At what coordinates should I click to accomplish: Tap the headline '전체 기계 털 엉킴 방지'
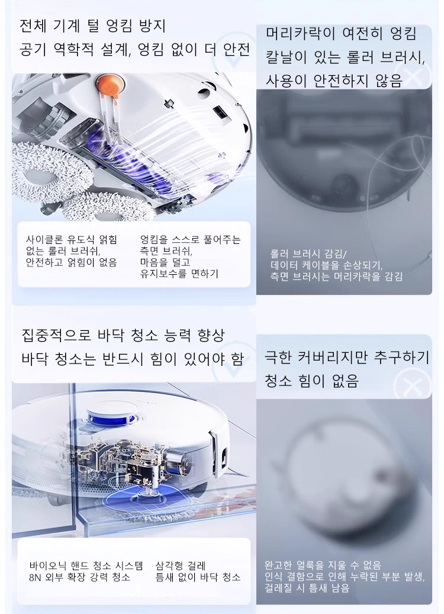click(93, 26)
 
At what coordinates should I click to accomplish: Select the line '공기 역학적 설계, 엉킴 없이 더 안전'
click(135, 49)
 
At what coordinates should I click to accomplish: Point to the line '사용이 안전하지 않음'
click(334, 81)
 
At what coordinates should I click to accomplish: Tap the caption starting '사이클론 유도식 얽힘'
click(71, 239)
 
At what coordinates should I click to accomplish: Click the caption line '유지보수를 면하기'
click(179, 274)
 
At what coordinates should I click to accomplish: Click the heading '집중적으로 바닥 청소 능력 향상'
click(123, 335)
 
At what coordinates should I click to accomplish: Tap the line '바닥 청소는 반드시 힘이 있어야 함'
click(133, 359)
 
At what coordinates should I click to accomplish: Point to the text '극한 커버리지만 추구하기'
click(347, 356)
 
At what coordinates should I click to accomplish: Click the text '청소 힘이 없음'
click(311, 380)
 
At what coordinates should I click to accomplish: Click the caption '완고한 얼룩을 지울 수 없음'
click(323, 565)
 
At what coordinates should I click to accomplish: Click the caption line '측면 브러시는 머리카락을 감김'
click(336, 277)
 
